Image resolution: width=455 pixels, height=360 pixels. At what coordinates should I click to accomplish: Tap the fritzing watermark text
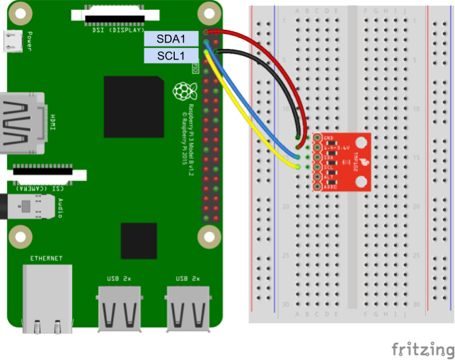pos(422,349)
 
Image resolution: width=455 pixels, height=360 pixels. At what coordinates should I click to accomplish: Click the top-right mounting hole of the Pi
pos(207,13)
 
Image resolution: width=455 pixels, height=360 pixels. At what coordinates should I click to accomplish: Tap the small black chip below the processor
pos(139,241)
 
